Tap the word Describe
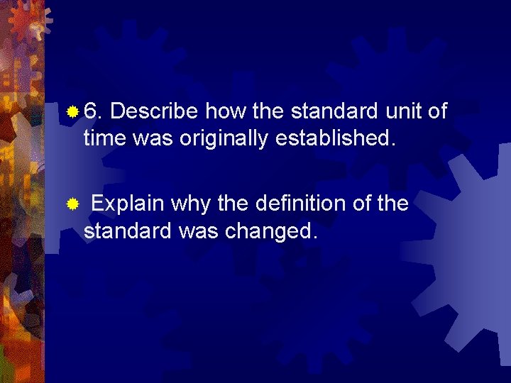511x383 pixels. click(155, 112)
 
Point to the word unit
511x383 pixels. click(404, 112)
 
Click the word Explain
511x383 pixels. click(128, 205)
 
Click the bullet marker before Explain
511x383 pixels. click(72, 205)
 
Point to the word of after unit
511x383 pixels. click(436, 112)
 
